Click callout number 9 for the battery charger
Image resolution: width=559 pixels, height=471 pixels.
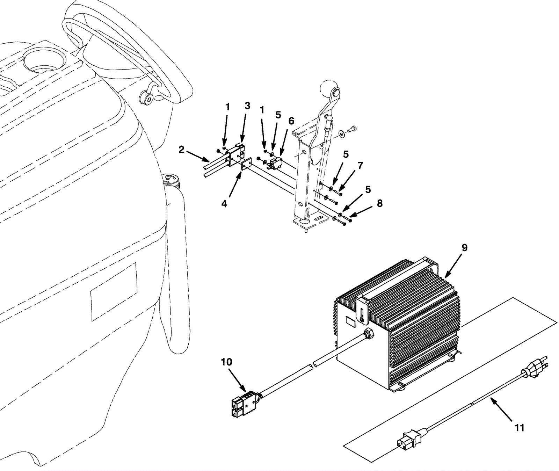(x=464, y=248)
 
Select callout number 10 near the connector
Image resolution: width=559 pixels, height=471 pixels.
(x=226, y=362)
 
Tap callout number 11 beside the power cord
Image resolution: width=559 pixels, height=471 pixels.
(x=520, y=427)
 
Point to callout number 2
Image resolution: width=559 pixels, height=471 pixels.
(x=181, y=150)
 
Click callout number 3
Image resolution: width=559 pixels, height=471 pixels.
(x=247, y=106)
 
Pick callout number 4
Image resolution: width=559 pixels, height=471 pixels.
(x=224, y=204)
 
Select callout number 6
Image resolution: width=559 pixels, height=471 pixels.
(x=291, y=121)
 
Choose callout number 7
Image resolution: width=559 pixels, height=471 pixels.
(x=360, y=166)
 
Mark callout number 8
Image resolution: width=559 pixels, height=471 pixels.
(x=379, y=203)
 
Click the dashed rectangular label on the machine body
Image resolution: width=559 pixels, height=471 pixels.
(x=114, y=292)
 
